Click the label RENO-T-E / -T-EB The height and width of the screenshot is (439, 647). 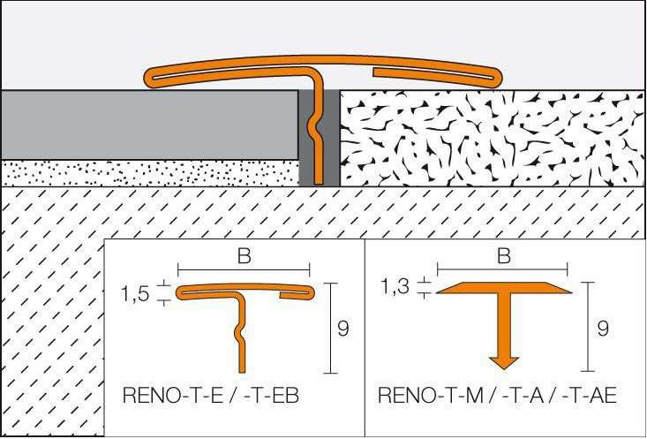(x=209, y=397)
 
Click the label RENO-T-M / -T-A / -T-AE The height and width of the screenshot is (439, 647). (x=497, y=397)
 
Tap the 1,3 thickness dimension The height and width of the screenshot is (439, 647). (x=396, y=287)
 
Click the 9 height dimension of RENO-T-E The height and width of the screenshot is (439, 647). (x=343, y=329)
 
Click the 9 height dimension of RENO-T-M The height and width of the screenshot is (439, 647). (x=603, y=329)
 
